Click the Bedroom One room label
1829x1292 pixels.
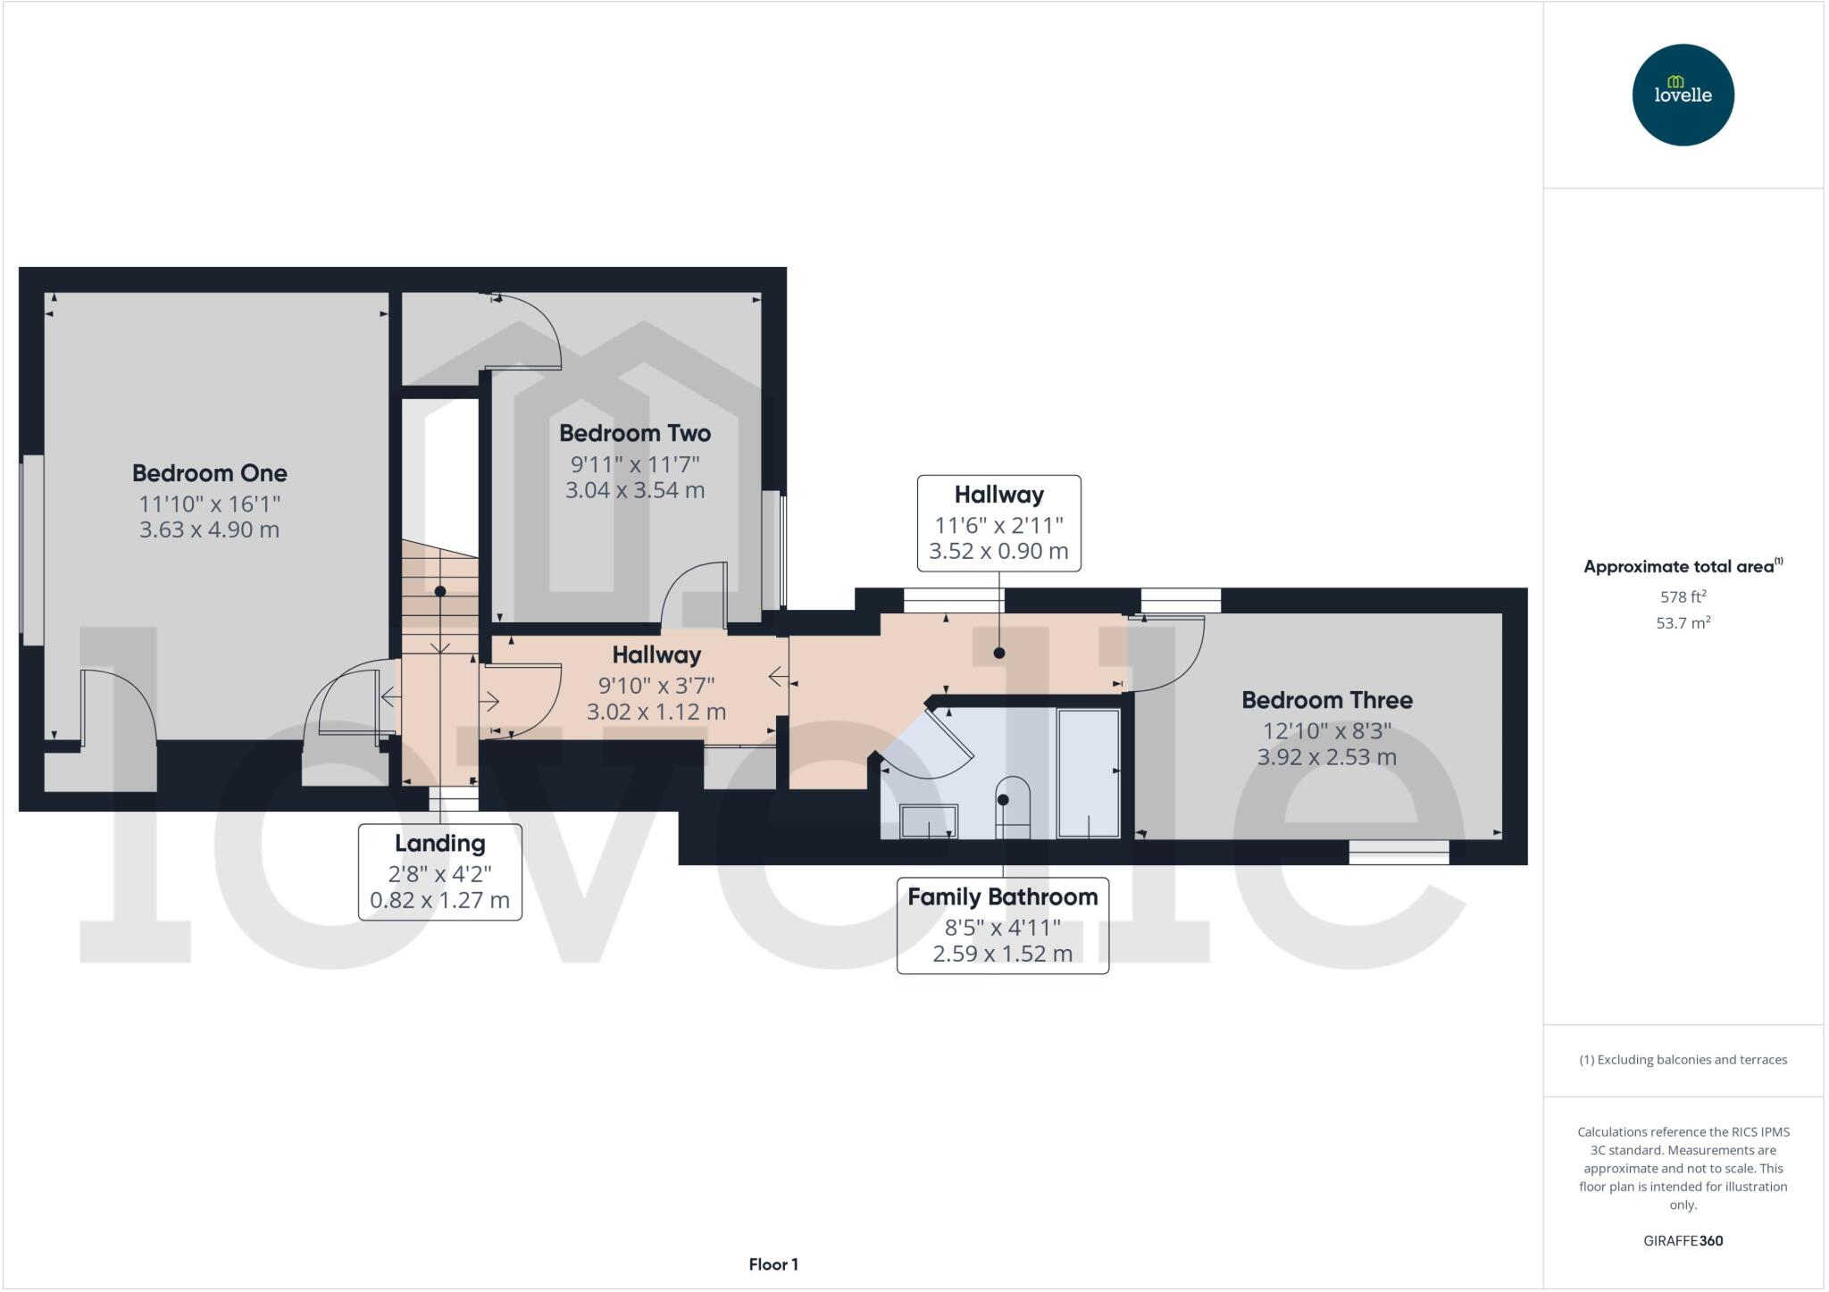coord(209,473)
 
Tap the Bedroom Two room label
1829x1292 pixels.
coord(635,434)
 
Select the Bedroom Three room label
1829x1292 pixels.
coord(1326,700)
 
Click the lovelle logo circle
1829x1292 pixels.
coord(1683,95)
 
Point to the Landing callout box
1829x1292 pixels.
coord(439,871)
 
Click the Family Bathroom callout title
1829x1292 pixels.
coord(1002,897)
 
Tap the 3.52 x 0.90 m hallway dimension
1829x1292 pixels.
coord(998,551)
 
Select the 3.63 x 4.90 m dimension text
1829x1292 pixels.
coord(209,529)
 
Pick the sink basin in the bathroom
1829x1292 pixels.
coord(929,821)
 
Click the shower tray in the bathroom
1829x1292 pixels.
coord(1088,773)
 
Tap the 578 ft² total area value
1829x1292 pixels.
coord(1683,596)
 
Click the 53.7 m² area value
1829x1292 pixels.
coord(1683,623)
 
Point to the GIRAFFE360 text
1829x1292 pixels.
coord(1683,1240)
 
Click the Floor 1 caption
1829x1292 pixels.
coord(773,1264)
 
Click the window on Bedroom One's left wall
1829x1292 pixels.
coord(33,549)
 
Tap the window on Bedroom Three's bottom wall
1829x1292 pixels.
coord(1399,852)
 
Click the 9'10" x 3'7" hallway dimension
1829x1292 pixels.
coord(656,686)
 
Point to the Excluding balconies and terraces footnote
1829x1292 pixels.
coord(1683,1060)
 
